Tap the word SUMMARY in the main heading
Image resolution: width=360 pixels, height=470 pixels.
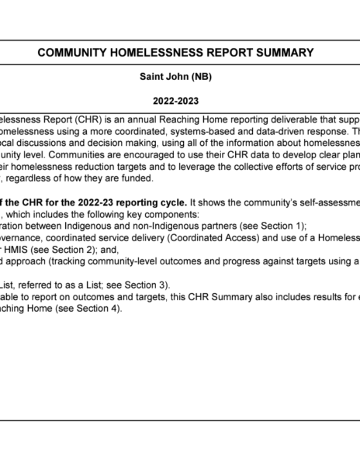point(282,53)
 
